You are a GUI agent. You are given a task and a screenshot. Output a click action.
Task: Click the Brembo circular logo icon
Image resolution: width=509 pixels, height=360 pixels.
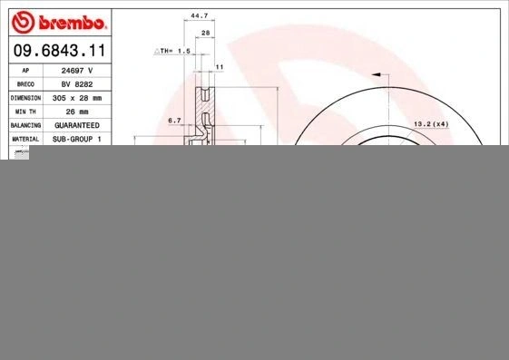pyautogui.click(x=23, y=22)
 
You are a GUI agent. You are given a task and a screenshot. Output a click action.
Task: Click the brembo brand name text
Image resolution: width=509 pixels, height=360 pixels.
pyautogui.click(x=73, y=23)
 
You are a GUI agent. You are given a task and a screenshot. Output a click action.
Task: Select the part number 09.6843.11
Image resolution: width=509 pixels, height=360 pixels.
pyautogui.click(x=60, y=50)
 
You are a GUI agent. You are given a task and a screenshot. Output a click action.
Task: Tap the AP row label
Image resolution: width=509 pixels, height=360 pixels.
pyautogui.click(x=25, y=71)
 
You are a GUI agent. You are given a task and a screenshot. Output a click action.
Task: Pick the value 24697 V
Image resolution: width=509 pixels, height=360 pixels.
pyautogui.click(x=77, y=71)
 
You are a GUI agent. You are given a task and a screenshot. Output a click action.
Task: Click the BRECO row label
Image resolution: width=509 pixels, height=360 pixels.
pyautogui.click(x=25, y=84)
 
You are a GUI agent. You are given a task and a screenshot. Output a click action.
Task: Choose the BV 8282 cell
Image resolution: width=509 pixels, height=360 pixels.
pyautogui.click(x=77, y=84)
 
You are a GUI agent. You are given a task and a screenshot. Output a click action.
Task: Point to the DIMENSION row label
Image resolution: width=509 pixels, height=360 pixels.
pyautogui.click(x=25, y=98)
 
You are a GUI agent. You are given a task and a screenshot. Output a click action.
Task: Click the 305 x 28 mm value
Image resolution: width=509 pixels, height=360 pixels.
pyautogui.click(x=77, y=98)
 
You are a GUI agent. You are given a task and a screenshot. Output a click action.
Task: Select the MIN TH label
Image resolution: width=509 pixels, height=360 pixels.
pyautogui.click(x=25, y=112)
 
